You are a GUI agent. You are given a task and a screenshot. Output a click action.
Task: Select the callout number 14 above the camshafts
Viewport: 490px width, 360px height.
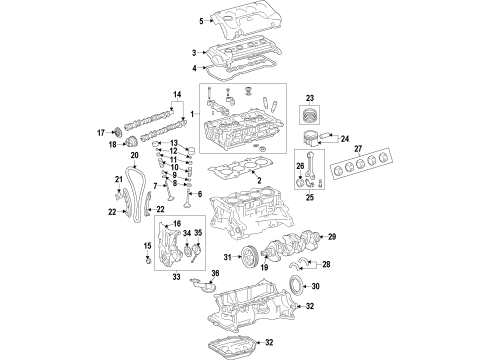point(178,95)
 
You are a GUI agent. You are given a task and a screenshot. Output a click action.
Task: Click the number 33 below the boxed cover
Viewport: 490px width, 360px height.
point(176,275)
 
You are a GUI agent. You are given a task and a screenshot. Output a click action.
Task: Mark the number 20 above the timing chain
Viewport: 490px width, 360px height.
point(133,156)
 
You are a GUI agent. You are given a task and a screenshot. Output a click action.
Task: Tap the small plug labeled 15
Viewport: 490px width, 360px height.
point(150,262)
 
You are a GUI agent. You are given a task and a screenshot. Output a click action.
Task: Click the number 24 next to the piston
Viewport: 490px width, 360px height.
point(346,139)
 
